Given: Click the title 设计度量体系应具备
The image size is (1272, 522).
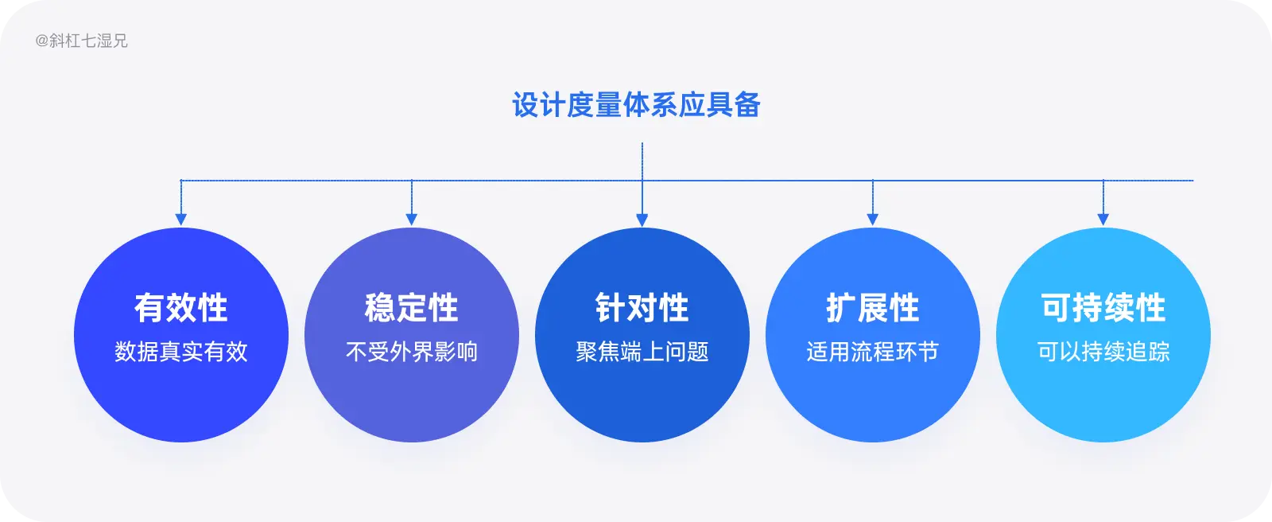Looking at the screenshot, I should (636, 105).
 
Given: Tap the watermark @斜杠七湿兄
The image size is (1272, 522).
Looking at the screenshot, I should (81, 41).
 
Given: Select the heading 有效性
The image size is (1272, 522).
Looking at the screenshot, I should (181, 308).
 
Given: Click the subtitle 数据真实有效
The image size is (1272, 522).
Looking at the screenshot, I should (181, 352).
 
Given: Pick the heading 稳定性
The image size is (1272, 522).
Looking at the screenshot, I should (412, 308).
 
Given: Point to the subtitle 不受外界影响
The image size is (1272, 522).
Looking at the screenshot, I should (412, 352).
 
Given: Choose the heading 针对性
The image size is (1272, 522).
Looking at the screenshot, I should (642, 308).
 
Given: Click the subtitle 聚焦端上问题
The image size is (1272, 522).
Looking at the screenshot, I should (642, 352).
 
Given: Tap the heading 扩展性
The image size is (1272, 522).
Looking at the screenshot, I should (873, 308).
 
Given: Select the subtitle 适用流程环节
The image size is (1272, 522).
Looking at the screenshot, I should (873, 352).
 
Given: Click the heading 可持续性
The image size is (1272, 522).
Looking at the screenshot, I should (1103, 308).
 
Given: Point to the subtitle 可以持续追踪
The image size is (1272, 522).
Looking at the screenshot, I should (1103, 352).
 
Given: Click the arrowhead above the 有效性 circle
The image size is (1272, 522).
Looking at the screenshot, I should (181, 220).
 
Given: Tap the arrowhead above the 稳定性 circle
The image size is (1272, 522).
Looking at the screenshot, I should (412, 220).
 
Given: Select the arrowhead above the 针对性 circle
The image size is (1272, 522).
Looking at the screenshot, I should (642, 220).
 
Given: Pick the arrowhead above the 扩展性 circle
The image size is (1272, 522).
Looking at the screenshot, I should (873, 220).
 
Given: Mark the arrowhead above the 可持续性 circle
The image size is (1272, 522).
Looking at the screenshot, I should (1103, 220).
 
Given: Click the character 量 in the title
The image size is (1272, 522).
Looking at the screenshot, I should (608, 105).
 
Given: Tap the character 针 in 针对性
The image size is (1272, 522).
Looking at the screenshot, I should (611, 308).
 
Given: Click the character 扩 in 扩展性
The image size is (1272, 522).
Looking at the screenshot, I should (841, 308).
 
